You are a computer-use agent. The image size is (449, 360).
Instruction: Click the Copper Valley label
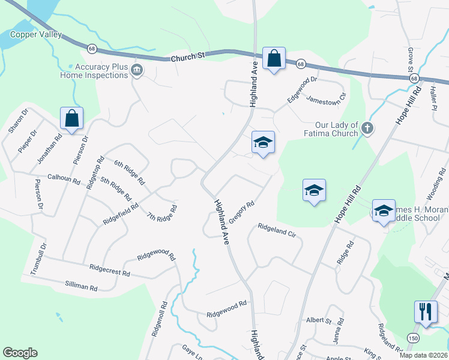35,35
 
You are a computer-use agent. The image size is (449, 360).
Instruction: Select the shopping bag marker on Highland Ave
274,59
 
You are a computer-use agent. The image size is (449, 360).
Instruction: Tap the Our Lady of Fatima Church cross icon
368,128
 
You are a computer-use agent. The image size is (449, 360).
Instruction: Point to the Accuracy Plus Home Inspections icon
137,71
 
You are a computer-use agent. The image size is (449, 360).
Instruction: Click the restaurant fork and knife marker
426,312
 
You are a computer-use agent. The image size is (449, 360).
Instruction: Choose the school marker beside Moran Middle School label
384,211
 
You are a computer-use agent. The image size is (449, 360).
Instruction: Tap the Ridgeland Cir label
277,230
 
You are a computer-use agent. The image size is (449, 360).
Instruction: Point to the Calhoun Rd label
64,178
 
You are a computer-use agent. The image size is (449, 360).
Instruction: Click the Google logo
20,353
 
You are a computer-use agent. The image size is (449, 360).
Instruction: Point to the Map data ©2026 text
423,355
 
